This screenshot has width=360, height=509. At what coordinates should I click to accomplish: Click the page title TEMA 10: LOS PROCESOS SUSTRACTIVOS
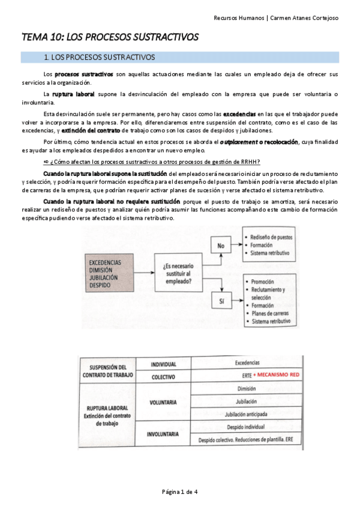[x=110, y=37]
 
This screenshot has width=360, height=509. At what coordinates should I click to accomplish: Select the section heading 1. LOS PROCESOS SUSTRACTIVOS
[x=100, y=58]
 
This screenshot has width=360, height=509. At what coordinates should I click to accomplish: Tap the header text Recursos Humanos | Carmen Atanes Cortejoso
[x=275, y=17]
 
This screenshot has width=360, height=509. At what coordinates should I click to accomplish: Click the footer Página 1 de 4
[x=180, y=492]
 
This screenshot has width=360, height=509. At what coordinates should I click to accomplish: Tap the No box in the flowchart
[x=221, y=245]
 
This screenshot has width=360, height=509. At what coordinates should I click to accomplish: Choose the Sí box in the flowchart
[x=221, y=301]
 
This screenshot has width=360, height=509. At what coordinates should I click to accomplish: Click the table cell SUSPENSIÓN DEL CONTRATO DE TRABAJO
[x=108, y=370]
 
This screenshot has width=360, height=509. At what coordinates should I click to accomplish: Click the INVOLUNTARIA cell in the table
[x=163, y=433]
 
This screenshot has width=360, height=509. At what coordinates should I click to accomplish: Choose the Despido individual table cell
[x=247, y=427]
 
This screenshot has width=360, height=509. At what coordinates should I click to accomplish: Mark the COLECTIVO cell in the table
[x=163, y=377]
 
